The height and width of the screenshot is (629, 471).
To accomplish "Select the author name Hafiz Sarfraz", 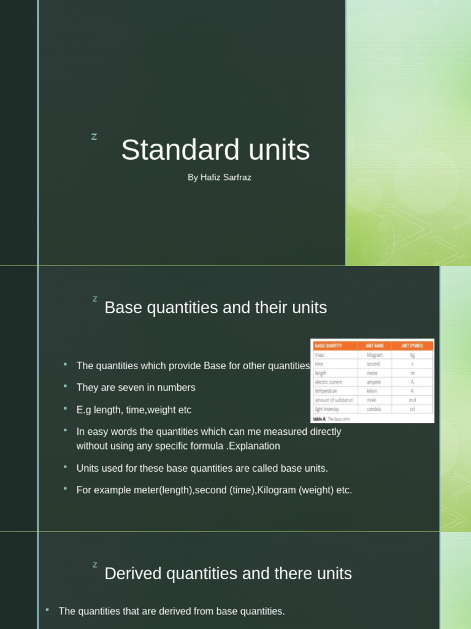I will click(226, 178).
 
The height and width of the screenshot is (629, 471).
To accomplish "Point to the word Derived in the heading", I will click(132, 574).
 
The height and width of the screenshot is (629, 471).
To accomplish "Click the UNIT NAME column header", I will click(374, 346).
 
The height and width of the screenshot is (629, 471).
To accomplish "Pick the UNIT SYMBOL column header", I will click(412, 346).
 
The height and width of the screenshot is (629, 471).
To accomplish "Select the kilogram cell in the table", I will click(374, 355).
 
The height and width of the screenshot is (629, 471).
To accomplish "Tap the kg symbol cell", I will click(412, 355).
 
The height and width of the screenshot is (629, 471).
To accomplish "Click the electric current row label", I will click(328, 382).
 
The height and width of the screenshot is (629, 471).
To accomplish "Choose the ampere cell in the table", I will click(373, 382).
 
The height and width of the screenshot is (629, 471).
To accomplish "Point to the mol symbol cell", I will click(412, 400).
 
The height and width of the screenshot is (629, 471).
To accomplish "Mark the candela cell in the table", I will click(374, 408).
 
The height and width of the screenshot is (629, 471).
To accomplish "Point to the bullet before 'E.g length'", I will click(64, 408).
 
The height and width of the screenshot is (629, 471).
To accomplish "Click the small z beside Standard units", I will click(94, 137).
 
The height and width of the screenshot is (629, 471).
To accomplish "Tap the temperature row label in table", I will click(326, 391).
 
